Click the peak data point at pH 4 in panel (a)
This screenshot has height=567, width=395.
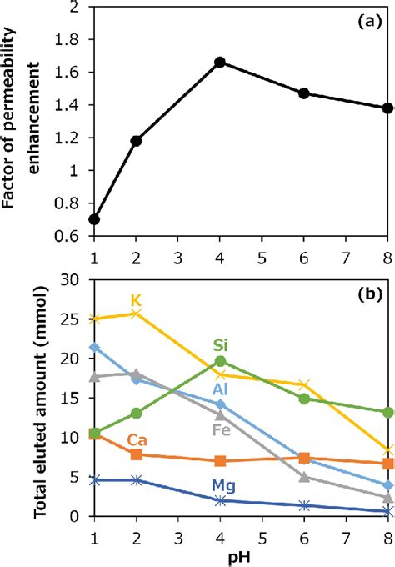pos(220,62)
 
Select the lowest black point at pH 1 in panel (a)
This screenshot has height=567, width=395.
pos(93,219)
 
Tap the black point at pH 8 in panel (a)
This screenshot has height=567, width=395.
pos(387,108)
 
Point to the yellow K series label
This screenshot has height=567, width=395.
pos(137,300)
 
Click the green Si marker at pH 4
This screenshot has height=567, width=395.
pos(220,361)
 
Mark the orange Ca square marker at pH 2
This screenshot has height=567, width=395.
pos(136,454)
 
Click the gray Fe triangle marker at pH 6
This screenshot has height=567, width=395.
pos(304,477)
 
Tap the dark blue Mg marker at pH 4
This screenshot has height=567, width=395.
pos(220,500)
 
